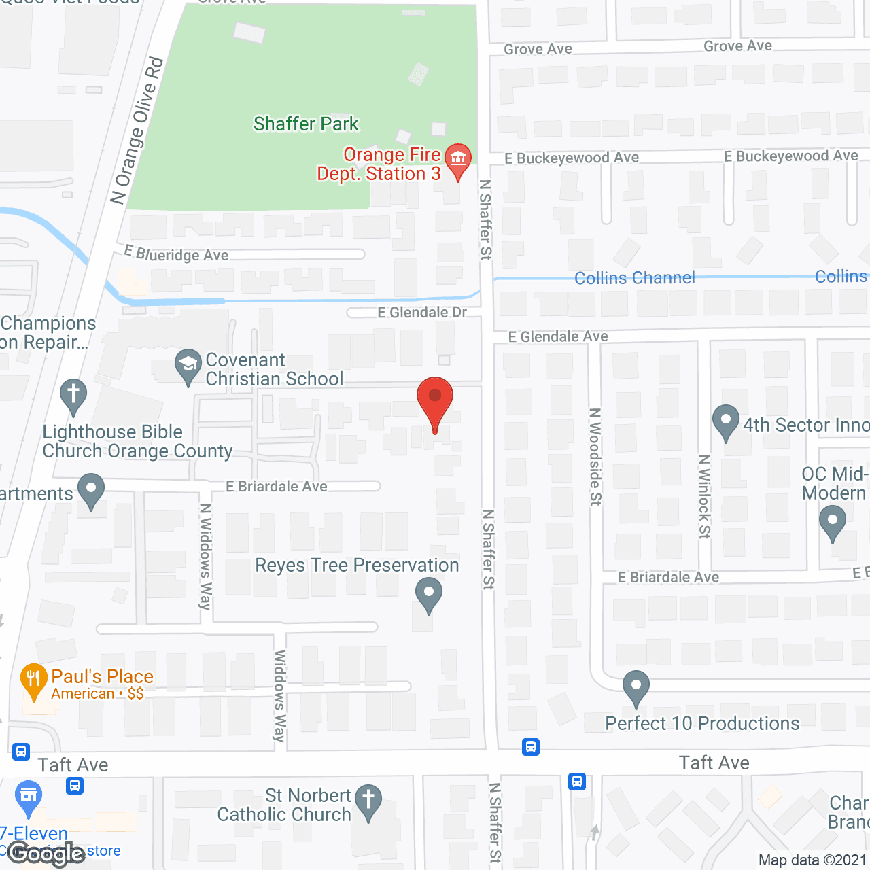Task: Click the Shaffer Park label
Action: pyautogui.click(x=306, y=124)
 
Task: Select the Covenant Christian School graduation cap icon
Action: pyautogui.click(x=188, y=366)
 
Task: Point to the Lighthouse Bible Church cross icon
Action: pyautogui.click(x=73, y=395)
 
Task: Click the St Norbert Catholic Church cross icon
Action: pyautogui.click(x=368, y=800)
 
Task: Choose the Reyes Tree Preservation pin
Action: pyautogui.click(x=428, y=593)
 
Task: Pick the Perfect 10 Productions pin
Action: pyautogui.click(x=636, y=687)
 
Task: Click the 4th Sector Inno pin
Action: pyautogui.click(x=725, y=421)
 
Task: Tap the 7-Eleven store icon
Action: pyautogui.click(x=28, y=797)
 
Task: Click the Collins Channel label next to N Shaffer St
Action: pyautogui.click(x=635, y=278)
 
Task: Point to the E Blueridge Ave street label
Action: pyautogui.click(x=177, y=254)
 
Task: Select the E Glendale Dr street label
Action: pyautogui.click(x=422, y=312)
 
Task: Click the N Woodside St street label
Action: pyautogui.click(x=595, y=457)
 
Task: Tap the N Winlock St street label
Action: pyautogui.click(x=705, y=496)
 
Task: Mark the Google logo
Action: pyautogui.click(x=46, y=854)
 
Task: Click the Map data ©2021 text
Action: pyautogui.click(x=813, y=860)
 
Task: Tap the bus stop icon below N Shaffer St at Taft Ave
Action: pyautogui.click(x=531, y=747)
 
